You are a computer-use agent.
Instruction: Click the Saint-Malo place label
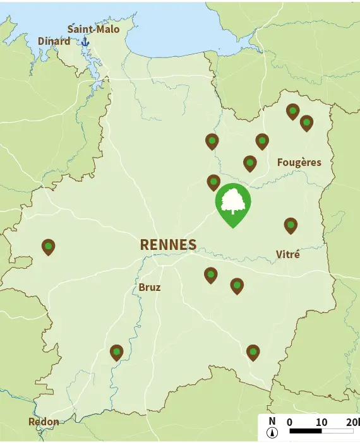click(93, 29)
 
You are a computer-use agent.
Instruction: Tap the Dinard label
click(54, 42)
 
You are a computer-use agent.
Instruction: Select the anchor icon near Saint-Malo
click(85, 42)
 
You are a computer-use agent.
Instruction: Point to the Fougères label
click(299, 162)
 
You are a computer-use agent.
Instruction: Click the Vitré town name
click(287, 254)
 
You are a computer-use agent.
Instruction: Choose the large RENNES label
click(168, 245)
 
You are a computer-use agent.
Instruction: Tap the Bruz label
click(150, 288)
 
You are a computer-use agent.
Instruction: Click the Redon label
click(44, 422)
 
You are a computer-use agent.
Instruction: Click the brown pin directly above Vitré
click(291, 225)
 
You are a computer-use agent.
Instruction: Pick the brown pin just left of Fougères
click(250, 163)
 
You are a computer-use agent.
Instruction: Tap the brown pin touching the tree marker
click(214, 182)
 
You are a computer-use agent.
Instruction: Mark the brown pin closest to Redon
click(116, 352)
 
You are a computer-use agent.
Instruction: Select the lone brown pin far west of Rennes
click(48, 246)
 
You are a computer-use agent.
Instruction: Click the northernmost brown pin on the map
click(292, 111)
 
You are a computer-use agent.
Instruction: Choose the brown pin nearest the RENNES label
click(210, 275)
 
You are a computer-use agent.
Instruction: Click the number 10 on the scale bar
click(321, 422)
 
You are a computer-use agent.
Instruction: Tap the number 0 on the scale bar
click(289, 422)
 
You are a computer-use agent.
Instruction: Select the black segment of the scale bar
click(306, 432)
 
